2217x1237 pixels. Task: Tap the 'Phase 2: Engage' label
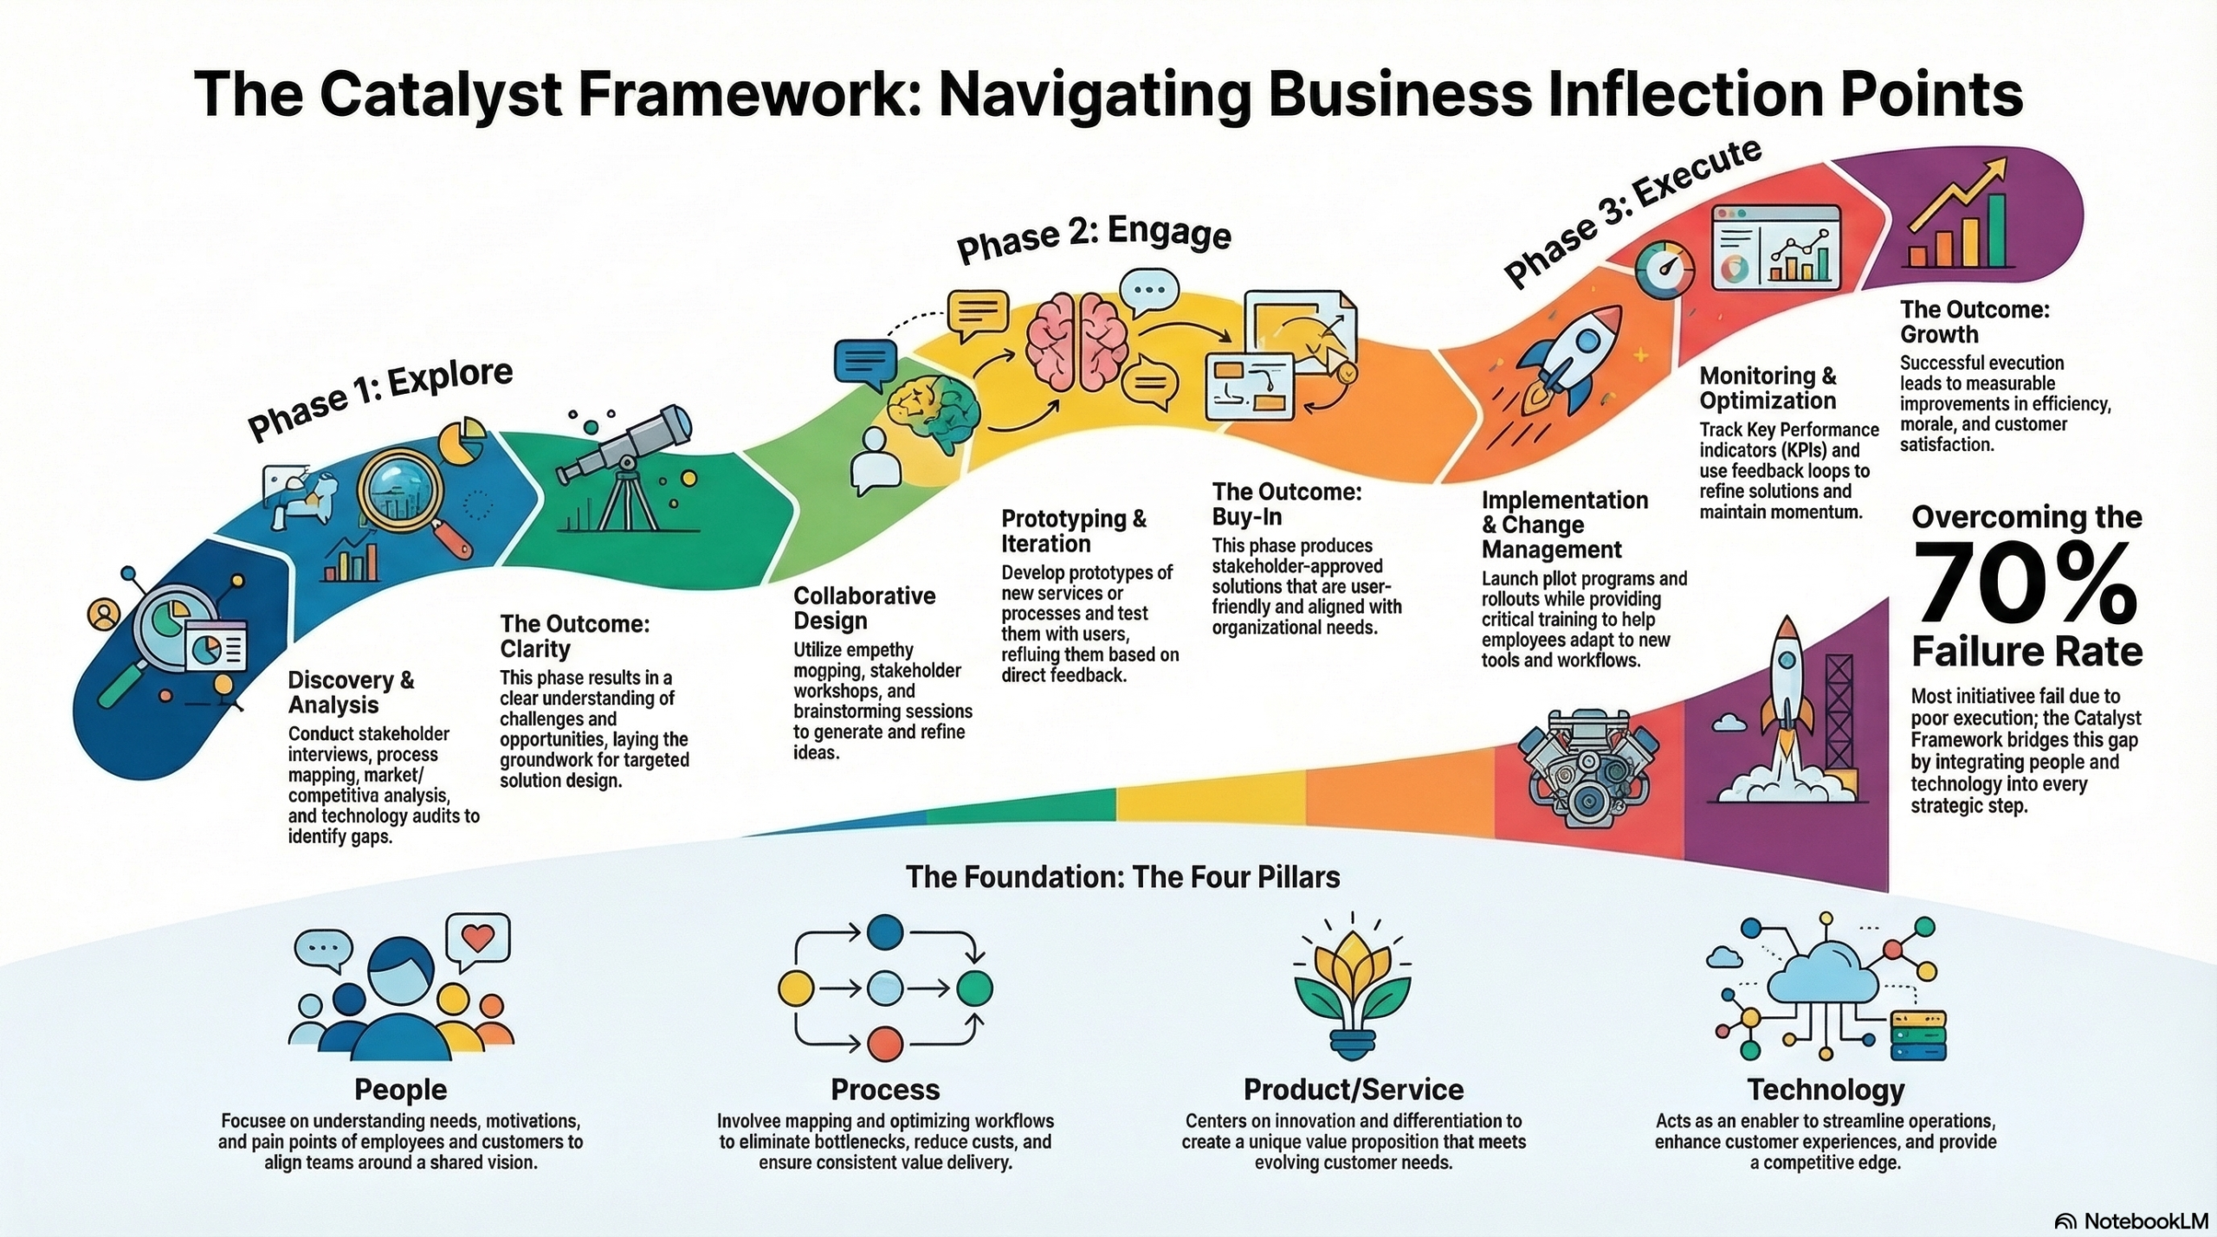click(1093, 240)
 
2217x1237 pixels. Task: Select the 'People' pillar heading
click(401, 1089)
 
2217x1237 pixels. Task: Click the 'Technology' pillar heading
click(1826, 1089)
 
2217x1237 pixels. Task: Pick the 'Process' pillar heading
click(885, 1089)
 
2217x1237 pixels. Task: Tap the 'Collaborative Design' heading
click(863, 608)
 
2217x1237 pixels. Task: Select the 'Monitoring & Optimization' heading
click(1767, 388)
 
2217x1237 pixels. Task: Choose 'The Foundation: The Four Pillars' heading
click(1122, 877)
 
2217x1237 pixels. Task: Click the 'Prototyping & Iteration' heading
click(1073, 531)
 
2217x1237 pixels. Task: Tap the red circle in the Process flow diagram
click(884, 1043)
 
